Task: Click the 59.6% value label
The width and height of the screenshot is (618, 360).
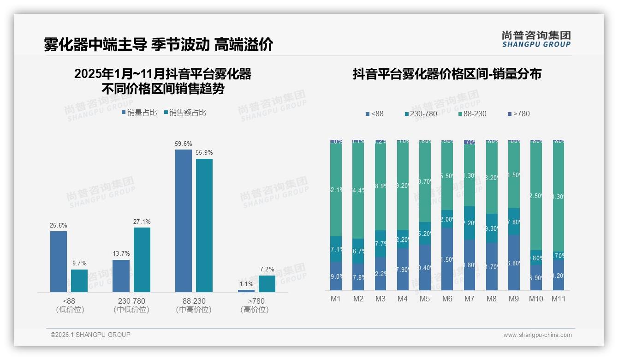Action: (183, 144)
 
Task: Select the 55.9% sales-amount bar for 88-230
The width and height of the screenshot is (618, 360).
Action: (204, 225)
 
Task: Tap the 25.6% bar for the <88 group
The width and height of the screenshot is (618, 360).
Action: (59, 261)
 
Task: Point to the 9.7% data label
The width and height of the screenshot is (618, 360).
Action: (79, 264)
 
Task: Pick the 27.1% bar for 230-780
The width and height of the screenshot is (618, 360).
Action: (142, 259)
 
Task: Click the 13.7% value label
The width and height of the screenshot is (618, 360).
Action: (121, 254)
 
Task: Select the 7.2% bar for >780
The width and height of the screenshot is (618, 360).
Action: (267, 283)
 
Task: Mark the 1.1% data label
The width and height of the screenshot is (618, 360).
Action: (246, 284)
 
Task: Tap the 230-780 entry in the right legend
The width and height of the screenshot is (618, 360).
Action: (421, 114)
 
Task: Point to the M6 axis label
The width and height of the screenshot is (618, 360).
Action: (447, 299)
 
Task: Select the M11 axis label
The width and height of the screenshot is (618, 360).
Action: (559, 299)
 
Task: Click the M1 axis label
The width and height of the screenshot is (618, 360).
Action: (336, 299)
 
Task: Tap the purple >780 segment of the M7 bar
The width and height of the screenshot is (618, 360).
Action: (469, 142)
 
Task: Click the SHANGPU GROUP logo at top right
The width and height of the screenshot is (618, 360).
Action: (536, 39)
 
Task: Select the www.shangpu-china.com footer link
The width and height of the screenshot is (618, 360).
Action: (537, 335)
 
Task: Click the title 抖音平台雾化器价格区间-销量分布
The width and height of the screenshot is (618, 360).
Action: (447, 74)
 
